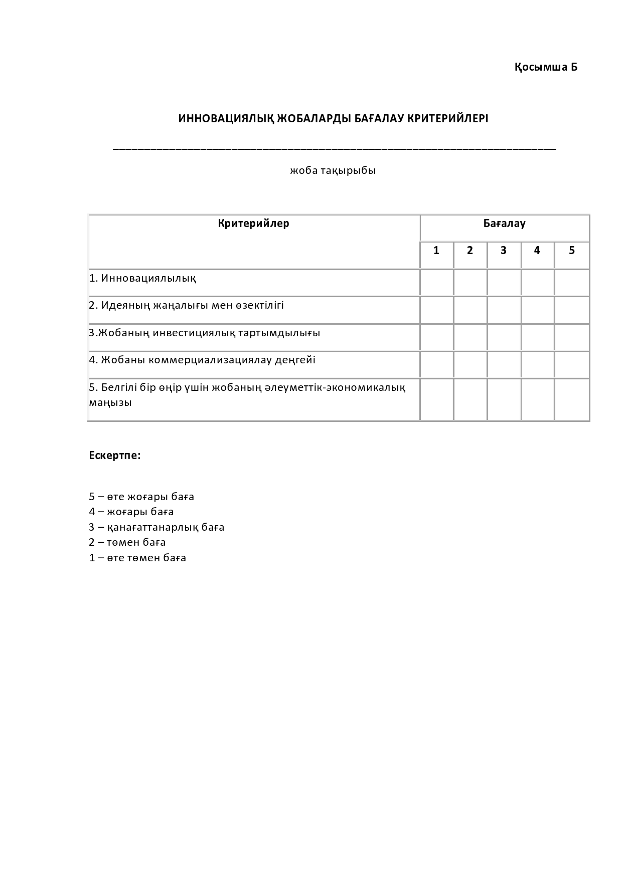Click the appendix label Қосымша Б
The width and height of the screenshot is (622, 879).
pyautogui.click(x=546, y=67)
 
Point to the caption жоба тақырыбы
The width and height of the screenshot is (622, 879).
pyautogui.click(x=333, y=170)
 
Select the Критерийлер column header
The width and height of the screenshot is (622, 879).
pyautogui.click(x=253, y=224)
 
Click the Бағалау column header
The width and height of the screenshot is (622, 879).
pyautogui.click(x=504, y=224)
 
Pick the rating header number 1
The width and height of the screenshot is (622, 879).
pyautogui.click(x=436, y=251)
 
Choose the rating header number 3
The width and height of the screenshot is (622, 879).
pyautogui.click(x=503, y=251)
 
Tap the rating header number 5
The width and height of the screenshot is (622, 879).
pyautogui.click(x=571, y=251)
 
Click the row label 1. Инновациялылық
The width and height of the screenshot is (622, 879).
pyautogui.click(x=143, y=278)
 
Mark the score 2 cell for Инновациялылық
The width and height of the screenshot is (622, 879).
pyautogui.click(x=470, y=283)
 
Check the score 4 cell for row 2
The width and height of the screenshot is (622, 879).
pyautogui.click(x=537, y=310)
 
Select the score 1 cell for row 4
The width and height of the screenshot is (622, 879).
pyautogui.click(x=436, y=364)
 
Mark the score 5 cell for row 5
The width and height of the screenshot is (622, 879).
pyautogui.click(x=572, y=399)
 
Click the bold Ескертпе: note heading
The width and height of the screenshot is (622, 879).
pyautogui.click(x=115, y=456)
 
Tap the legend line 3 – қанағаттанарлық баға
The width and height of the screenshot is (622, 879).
pyautogui.click(x=157, y=527)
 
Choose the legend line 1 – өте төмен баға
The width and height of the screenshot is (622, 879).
pyautogui.click(x=137, y=558)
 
